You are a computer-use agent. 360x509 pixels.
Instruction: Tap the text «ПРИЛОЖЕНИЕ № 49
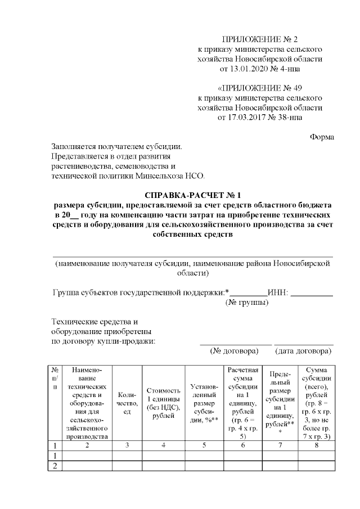click(260, 89)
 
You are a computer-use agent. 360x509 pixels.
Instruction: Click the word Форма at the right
click(322, 137)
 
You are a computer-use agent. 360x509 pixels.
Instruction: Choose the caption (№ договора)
click(234, 350)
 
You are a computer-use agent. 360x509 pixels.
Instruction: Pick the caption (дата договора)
click(303, 350)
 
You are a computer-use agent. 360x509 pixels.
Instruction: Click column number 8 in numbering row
click(318, 445)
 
